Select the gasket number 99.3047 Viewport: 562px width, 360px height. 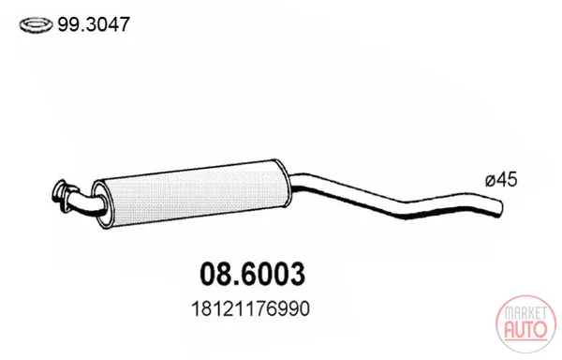tap(93, 24)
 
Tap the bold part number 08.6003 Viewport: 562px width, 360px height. tap(252, 275)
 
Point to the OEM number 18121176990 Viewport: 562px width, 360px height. tap(250, 309)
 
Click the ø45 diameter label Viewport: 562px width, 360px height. tap(501, 179)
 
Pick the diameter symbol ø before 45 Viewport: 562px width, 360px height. tap(490, 180)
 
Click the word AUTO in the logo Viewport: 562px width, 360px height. tap(525, 329)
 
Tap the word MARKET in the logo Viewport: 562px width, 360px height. tap(525, 313)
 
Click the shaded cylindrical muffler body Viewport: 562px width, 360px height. tap(192, 194)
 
